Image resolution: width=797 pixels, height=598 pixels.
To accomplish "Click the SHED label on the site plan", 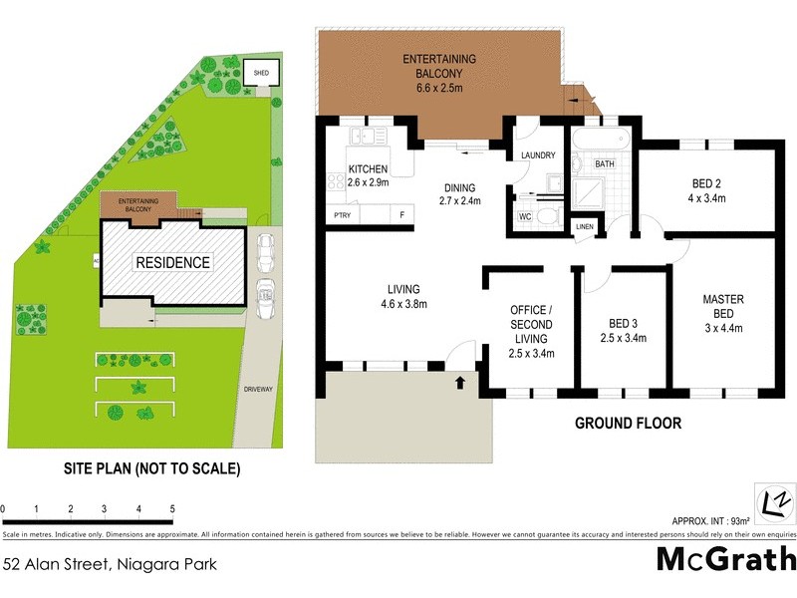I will point(261,73).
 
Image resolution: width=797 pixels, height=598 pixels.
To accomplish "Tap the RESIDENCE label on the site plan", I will point(173,263).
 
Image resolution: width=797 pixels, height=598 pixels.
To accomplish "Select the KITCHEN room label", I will point(368,169).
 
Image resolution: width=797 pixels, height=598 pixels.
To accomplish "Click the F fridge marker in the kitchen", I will point(402,215).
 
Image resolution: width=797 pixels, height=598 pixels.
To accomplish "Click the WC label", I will point(525,216).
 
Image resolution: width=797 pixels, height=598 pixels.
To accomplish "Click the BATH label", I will point(605,163).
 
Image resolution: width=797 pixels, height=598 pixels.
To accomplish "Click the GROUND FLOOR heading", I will point(628,424).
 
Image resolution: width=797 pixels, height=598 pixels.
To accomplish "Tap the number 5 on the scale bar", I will point(172,509).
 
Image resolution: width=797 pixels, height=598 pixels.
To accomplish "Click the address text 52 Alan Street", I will point(110,564).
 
